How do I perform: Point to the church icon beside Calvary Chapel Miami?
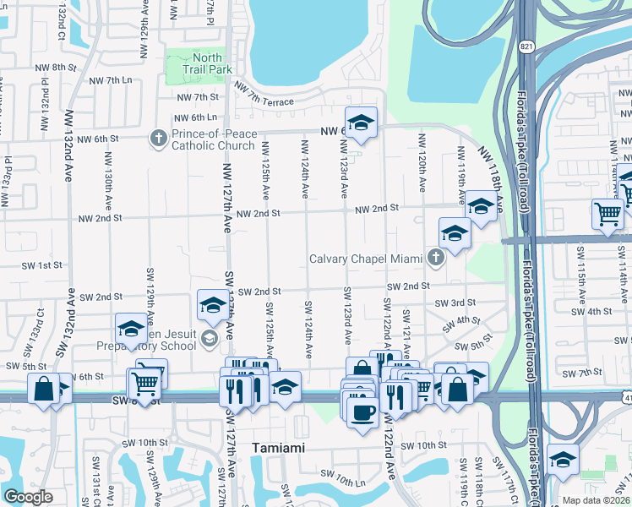click(435, 257)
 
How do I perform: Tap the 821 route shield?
click(527, 45)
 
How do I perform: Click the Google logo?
click(28, 497)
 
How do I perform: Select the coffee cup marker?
click(362, 412)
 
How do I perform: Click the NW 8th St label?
click(64, 67)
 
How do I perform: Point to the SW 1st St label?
click(42, 265)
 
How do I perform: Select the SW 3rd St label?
click(455, 303)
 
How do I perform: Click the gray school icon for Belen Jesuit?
click(209, 339)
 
